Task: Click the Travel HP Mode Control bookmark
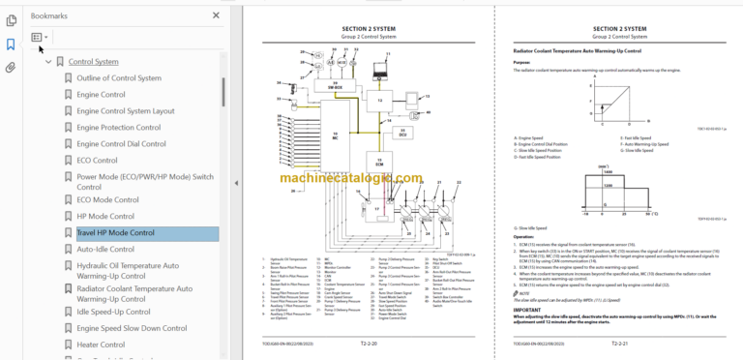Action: [115, 233]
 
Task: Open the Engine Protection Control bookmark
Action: [118, 127]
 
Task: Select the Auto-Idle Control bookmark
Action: [106, 249]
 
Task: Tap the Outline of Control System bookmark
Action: [118, 77]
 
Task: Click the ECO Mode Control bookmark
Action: [107, 200]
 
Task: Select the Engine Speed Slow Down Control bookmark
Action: [128, 328]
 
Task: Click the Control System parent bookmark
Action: [94, 62]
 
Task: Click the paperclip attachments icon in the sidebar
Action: [11, 68]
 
